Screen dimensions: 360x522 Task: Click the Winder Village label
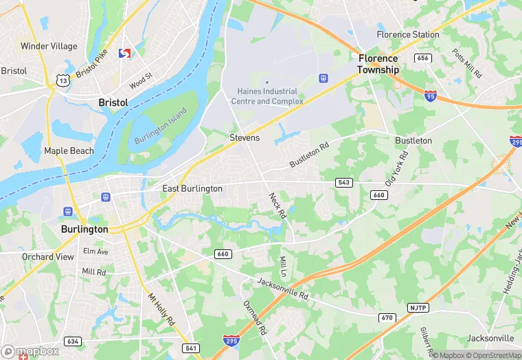(x=49, y=47)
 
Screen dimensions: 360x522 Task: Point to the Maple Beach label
(x=69, y=151)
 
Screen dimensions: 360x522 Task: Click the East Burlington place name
(x=192, y=188)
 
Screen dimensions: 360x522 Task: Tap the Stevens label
(x=245, y=138)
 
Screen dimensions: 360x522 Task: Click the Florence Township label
(x=378, y=64)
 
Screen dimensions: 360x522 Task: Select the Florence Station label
(x=408, y=34)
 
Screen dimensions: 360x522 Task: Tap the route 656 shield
(x=423, y=58)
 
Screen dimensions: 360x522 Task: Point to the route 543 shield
(x=344, y=182)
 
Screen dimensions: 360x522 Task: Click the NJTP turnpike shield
(x=418, y=307)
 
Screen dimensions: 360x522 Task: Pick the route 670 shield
(x=387, y=318)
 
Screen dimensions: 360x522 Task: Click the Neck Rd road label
(x=277, y=205)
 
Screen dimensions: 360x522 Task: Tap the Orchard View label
(x=47, y=257)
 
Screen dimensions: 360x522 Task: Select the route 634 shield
(x=73, y=341)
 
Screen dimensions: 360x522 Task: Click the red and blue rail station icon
(x=125, y=53)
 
